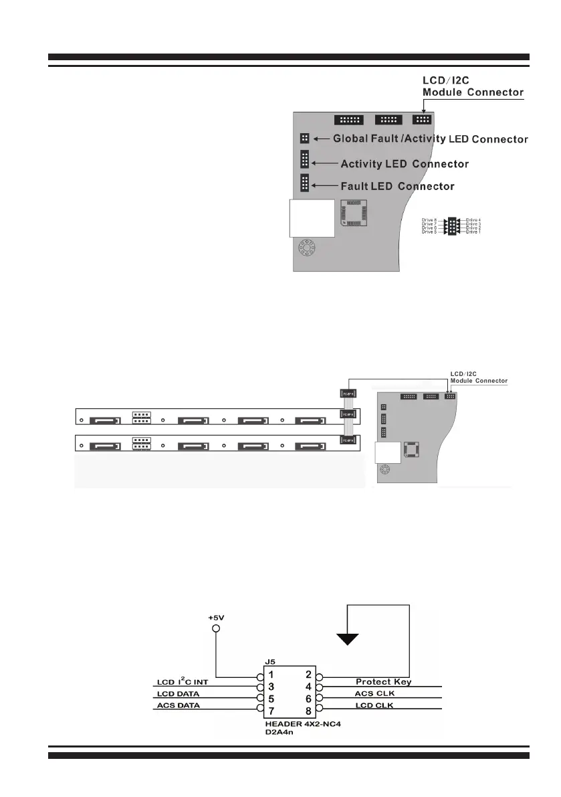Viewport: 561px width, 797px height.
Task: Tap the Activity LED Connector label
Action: click(x=405, y=164)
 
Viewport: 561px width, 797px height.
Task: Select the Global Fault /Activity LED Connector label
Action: click(x=431, y=139)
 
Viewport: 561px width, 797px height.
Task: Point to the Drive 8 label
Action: click(x=429, y=219)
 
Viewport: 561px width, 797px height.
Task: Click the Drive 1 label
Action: click(x=473, y=232)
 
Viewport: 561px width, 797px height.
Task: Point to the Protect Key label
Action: click(x=383, y=682)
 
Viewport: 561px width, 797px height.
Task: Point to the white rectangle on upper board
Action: click(x=311, y=217)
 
